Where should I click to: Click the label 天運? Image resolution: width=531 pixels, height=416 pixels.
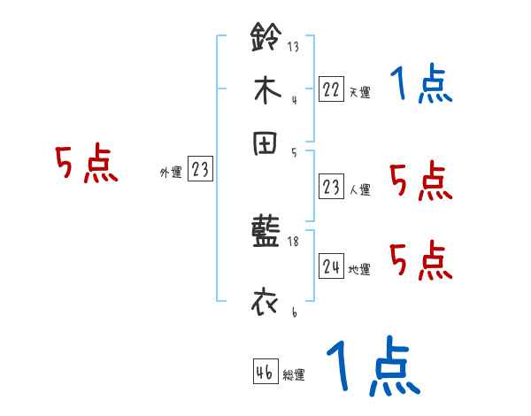click(x=359, y=92)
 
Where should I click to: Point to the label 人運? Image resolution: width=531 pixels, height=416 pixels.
click(x=359, y=189)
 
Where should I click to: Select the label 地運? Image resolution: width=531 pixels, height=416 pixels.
click(x=359, y=269)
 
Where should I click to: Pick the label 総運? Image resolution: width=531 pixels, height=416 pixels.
click(x=294, y=374)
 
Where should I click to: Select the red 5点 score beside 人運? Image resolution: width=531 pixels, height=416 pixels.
click(x=421, y=181)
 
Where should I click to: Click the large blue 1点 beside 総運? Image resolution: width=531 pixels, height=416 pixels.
click(x=372, y=367)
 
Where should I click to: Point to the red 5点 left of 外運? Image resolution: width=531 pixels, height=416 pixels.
click(x=86, y=166)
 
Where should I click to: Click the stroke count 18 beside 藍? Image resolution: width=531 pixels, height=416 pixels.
click(x=293, y=242)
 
